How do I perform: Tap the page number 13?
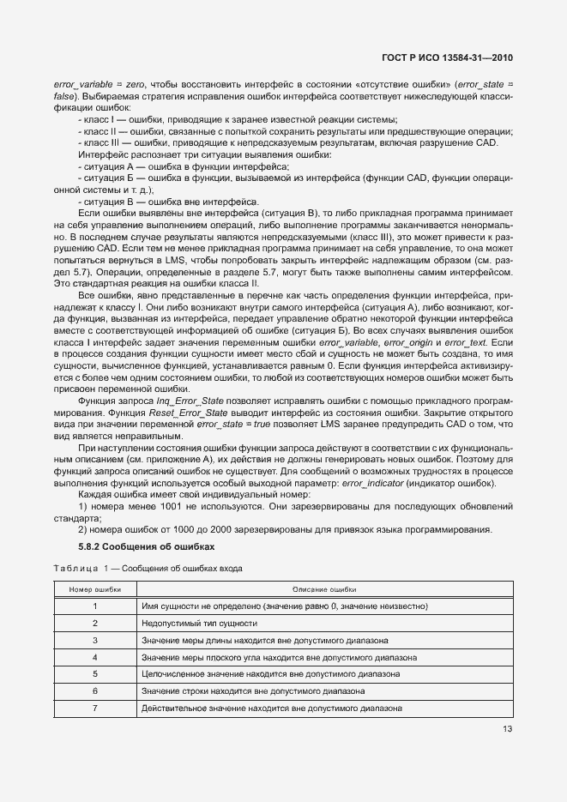point(508,729)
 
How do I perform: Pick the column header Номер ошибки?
point(95,590)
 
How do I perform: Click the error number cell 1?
point(95,606)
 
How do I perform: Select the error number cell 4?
point(95,657)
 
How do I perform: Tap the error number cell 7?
point(95,708)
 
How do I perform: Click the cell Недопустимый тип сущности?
point(199,624)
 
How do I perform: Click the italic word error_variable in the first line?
point(84,84)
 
